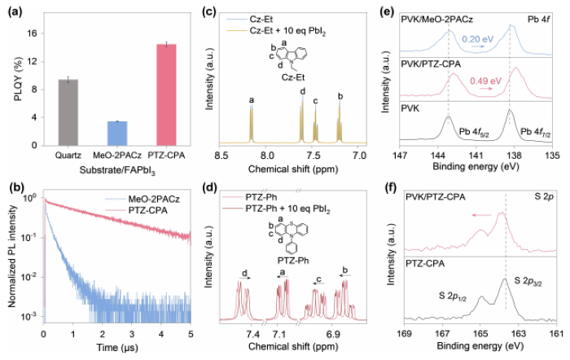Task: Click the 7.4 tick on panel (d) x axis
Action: point(252,334)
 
